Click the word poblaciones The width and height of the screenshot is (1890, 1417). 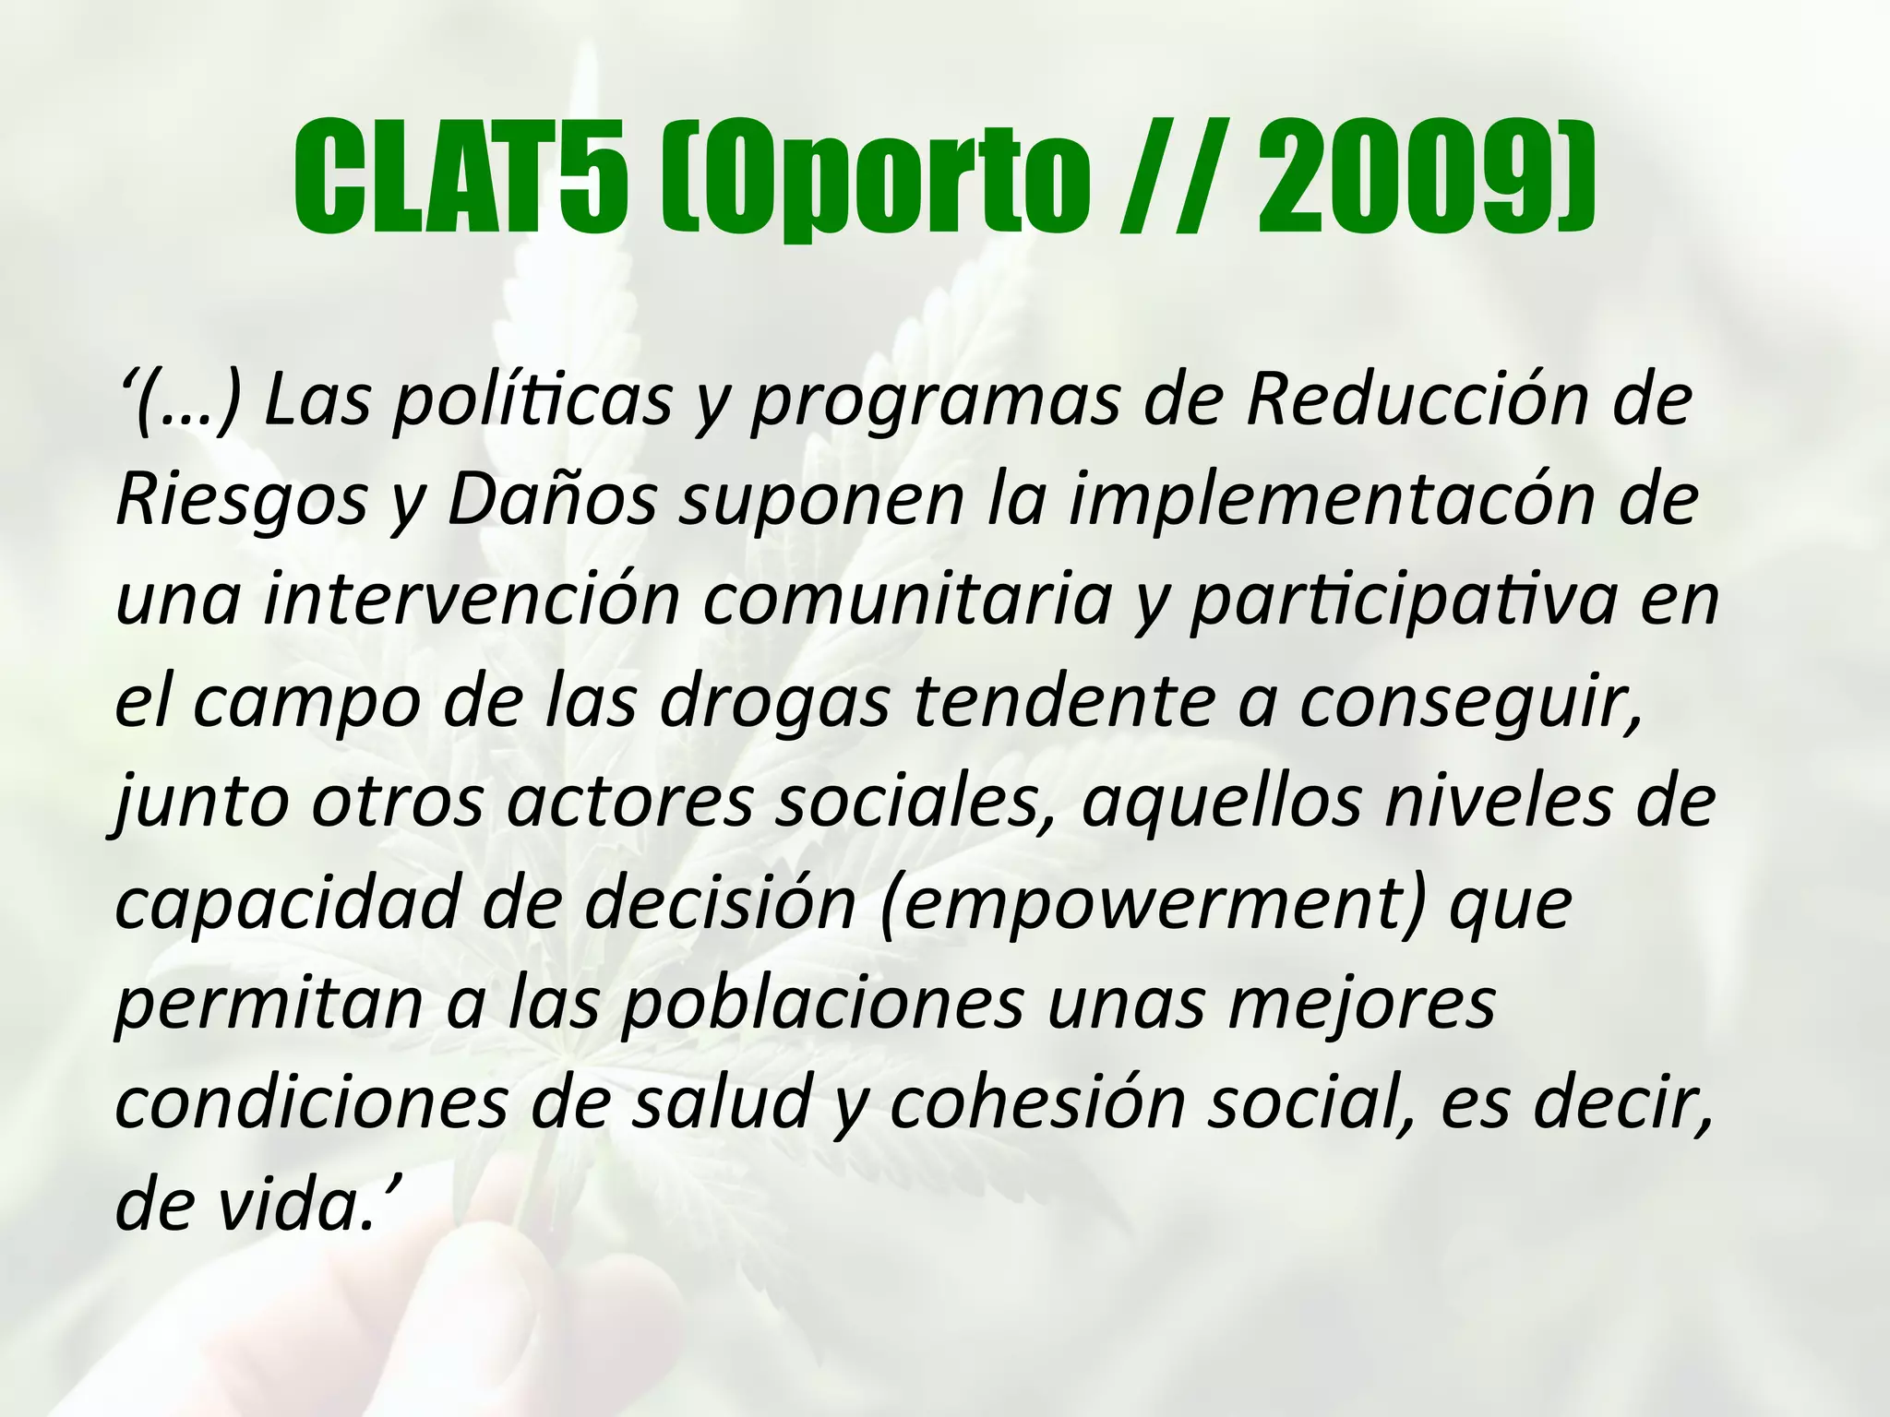[x=821, y=1003]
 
